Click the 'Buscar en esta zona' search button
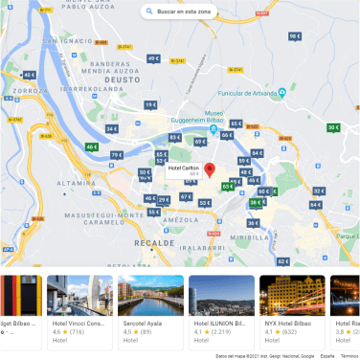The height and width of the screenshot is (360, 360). (180, 11)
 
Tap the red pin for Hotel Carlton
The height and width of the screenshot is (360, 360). (210, 170)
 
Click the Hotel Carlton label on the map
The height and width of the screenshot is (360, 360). (183, 168)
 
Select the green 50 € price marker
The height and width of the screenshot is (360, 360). (333, 127)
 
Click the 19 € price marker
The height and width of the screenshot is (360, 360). (150, 105)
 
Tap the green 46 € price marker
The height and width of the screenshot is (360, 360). (92, 147)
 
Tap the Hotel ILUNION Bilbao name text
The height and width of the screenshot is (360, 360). (220, 324)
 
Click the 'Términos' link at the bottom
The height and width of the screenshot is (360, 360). (349, 354)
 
